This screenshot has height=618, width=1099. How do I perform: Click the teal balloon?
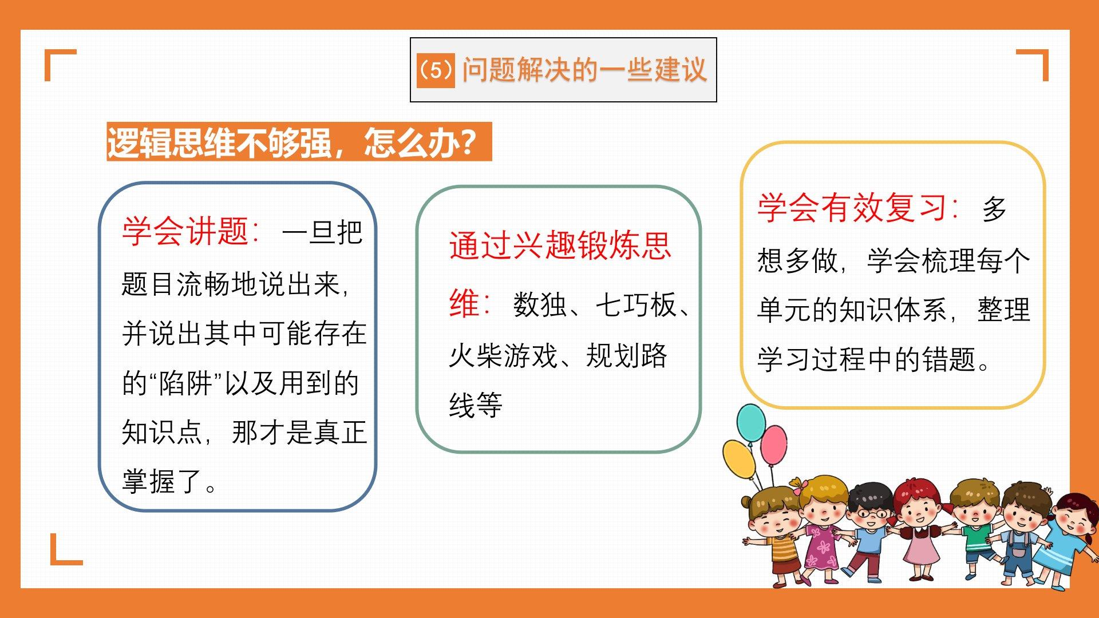click(751, 422)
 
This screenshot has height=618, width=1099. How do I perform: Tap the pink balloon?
click(774, 445)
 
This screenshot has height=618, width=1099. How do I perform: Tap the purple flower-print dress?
click(822, 547)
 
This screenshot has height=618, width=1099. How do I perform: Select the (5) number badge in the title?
click(436, 70)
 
